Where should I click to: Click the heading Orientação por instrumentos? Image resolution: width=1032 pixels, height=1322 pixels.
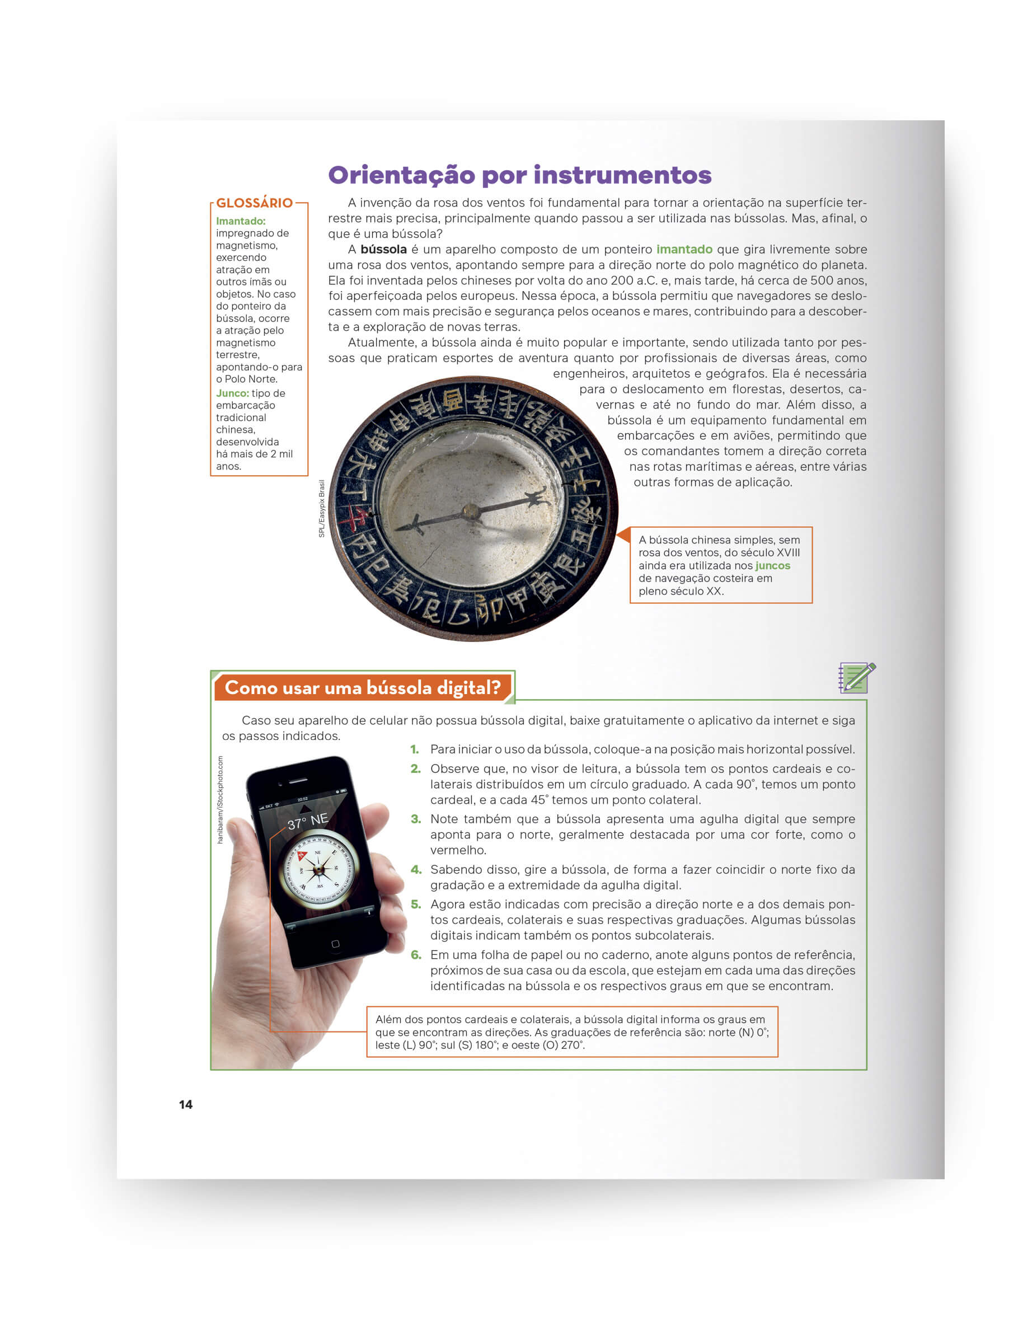[x=519, y=175]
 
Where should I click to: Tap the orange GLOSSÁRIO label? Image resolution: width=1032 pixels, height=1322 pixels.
[x=254, y=203]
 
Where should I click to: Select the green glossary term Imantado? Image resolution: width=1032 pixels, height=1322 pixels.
[x=240, y=221]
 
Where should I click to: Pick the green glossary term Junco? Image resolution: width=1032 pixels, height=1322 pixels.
[x=232, y=393]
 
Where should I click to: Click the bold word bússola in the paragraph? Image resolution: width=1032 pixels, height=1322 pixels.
[x=383, y=250]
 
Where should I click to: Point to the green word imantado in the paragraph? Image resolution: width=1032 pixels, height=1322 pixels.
[x=684, y=250]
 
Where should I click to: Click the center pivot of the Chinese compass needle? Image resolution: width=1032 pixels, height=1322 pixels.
[x=470, y=512]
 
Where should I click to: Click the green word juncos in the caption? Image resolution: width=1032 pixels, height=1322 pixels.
[x=772, y=565]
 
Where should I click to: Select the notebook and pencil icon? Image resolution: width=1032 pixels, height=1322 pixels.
[x=856, y=677]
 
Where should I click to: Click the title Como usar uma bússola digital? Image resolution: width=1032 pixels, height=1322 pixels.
[x=363, y=688]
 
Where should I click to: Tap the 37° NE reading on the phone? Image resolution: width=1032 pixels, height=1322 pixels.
[x=307, y=822]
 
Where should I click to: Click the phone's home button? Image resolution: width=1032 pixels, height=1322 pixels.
[x=335, y=944]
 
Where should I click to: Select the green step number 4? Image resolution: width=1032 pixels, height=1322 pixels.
[x=416, y=869]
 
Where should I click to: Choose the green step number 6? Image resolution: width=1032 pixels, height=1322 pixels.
[x=416, y=955]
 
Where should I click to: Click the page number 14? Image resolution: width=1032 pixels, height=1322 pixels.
[x=186, y=1104]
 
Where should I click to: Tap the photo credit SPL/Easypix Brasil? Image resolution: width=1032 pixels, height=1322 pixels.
[x=321, y=508]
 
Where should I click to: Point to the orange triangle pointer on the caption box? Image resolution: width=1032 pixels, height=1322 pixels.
[x=623, y=535]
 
